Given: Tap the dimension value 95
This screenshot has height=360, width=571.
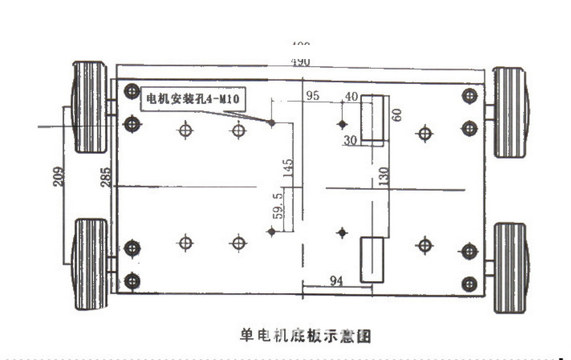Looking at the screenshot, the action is (x=312, y=96).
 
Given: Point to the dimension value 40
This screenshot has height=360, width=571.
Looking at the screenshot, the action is (x=351, y=96).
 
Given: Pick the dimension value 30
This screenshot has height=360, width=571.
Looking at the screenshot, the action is (x=350, y=140).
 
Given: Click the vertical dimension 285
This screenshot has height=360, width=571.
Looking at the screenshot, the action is (x=105, y=177).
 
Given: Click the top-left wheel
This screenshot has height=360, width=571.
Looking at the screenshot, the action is (x=89, y=107).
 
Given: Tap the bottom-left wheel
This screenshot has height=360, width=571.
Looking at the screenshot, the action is (x=90, y=264).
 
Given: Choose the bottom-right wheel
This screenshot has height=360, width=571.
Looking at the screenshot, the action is (x=511, y=268).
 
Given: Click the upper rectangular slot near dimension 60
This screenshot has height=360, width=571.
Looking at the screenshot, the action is (x=371, y=118).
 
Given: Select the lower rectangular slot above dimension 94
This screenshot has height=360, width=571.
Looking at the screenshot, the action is (x=371, y=259).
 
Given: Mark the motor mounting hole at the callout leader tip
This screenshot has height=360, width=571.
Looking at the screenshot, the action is (x=271, y=122).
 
